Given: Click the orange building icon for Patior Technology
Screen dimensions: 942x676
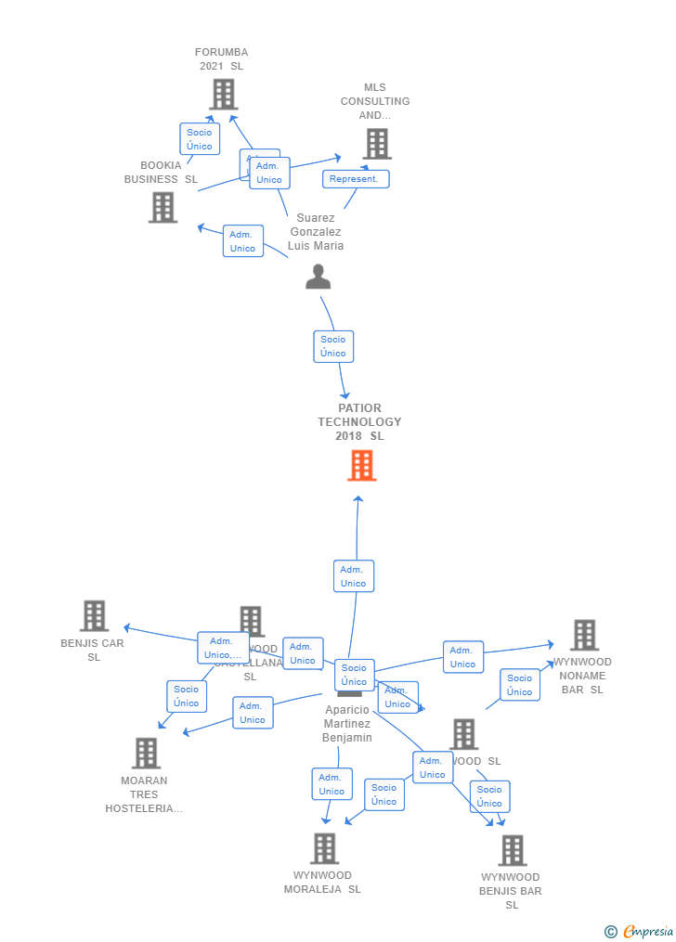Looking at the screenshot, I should pyautogui.click(x=361, y=466).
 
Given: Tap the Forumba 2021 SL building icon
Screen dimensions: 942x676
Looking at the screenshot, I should pyautogui.click(x=223, y=95).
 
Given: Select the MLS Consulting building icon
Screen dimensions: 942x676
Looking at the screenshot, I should pyautogui.click(x=376, y=144).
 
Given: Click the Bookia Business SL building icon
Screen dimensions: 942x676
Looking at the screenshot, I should pyautogui.click(x=162, y=207).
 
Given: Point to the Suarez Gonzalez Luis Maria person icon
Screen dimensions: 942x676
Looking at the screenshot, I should pyautogui.click(x=318, y=277).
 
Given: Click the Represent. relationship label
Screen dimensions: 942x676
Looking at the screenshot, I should pyautogui.click(x=355, y=179).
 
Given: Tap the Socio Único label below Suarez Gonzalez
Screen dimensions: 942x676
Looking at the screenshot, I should pyautogui.click(x=333, y=346).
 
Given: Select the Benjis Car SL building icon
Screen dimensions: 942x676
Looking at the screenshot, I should pyautogui.click(x=94, y=615).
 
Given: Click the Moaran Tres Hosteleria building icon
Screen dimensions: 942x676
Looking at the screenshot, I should pyautogui.click(x=146, y=753).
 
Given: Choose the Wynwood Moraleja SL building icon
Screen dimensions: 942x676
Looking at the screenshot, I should pyautogui.click(x=324, y=848).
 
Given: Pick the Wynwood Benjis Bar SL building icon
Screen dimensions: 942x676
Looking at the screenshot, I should pyautogui.click(x=512, y=850).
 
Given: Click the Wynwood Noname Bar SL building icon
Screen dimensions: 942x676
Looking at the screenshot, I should pyautogui.click(x=584, y=636).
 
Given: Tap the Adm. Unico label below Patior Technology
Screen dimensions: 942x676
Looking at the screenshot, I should pyautogui.click(x=353, y=576).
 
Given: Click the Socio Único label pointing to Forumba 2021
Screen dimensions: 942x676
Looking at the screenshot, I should pyautogui.click(x=199, y=139).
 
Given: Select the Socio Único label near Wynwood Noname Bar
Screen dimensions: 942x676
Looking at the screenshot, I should pyautogui.click(x=520, y=685).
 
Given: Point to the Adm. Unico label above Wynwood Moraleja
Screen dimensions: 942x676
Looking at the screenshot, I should pyautogui.click(x=331, y=784).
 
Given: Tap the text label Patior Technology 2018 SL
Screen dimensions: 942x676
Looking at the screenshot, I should pyautogui.click(x=360, y=422).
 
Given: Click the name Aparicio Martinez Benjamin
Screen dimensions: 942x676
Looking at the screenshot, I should pyautogui.click(x=347, y=724).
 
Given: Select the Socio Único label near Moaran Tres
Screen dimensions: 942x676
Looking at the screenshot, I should pyautogui.click(x=187, y=696).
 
